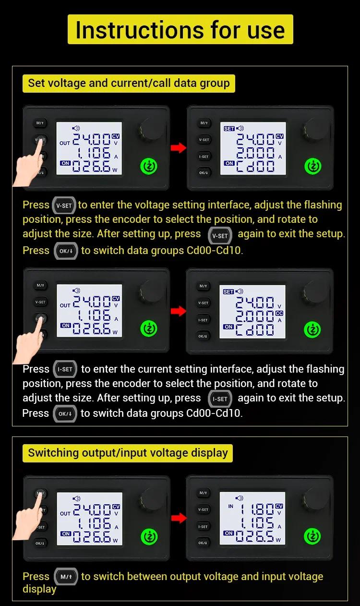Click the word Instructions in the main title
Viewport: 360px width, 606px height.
(x=140, y=30)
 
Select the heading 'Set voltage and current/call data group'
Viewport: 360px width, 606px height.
(x=129, y=83)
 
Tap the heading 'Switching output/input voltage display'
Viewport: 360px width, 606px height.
(x=128, y=453)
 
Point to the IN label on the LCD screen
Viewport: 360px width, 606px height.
(x=230, y=506)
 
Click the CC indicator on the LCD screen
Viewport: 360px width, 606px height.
(x=279, y=313)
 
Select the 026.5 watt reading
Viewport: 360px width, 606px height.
(x=255, y=536)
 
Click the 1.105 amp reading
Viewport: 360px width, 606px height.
(x=257, y=524)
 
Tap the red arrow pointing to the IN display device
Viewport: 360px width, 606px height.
(x=179, y=518)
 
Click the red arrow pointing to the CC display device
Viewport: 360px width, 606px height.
(x=179, y=311)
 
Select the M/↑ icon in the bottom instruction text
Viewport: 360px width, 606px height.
(x=66, y=577)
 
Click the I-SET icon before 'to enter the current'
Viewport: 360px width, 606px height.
(x=65, y=369)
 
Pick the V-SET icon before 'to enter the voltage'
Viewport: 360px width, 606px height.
(x=64, y=206)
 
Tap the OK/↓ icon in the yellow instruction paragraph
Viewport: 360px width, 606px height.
(x=66, y=251)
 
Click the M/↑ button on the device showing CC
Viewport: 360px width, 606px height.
(x=203, y=286)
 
